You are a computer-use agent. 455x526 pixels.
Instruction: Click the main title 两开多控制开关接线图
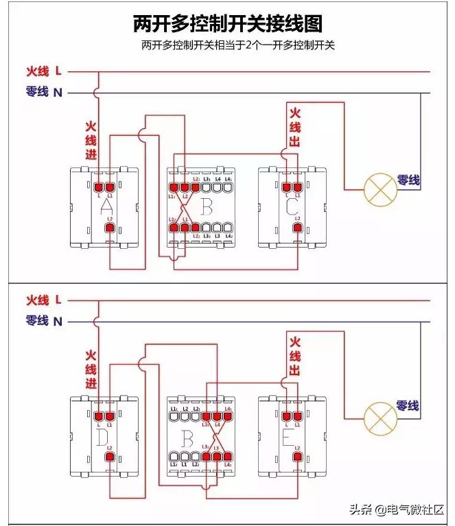(228, 24)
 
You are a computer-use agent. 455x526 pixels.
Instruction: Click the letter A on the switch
(107, 206)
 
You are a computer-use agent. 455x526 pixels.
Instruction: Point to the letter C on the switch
(292, 206)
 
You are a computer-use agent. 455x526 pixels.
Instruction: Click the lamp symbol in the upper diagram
(380, 189)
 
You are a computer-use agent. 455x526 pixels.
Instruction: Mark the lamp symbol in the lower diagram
(380, 416)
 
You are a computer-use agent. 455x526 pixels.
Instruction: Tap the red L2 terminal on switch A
(108, 228)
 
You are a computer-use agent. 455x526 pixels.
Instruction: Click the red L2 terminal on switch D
(108, 456)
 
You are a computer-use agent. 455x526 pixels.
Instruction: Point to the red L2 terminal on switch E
(297, 456)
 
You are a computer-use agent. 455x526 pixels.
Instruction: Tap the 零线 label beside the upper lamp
(408, 180)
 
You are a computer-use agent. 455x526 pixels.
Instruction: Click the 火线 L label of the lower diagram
(44, 300)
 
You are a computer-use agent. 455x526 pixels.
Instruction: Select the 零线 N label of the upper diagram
(44, 91)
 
